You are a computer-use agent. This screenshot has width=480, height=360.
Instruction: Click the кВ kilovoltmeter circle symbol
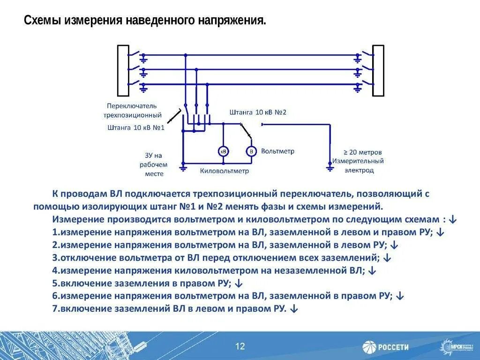(224, 151)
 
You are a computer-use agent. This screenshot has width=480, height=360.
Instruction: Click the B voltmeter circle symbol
(251, 151)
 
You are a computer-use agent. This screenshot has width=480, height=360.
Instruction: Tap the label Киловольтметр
(225, 171)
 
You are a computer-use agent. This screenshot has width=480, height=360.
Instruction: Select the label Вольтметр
(278, 151)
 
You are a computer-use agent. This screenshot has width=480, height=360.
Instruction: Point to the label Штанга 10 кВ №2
(258, 112)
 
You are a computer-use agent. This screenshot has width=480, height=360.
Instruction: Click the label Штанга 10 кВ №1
(136, 127)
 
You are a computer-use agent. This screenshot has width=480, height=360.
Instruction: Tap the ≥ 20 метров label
(363, 152)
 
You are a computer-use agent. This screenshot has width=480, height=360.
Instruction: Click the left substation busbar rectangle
(123, 71)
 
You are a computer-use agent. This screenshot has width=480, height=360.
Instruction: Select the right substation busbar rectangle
(378, 71)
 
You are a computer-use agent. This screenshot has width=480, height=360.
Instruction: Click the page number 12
(240, 346)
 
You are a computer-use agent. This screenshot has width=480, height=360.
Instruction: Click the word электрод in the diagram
(360, 170)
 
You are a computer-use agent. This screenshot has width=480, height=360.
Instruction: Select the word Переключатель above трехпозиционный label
(132, 105)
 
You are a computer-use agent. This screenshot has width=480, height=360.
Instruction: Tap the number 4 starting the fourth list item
(55, 270)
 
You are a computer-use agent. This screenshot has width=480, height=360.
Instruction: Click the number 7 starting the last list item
(55, 308)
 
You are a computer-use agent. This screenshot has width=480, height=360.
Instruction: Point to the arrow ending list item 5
(238, 283)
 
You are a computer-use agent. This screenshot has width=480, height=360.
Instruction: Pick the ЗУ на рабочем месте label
(153, 165)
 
